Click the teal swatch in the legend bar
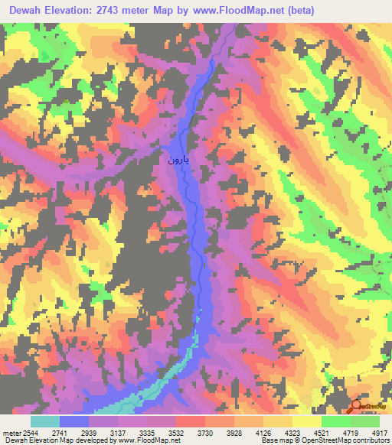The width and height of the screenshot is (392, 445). click(x=45, y=421)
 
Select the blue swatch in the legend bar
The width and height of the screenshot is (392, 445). click(x=74, y=421)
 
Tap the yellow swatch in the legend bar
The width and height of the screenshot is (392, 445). click(x=306, y=421)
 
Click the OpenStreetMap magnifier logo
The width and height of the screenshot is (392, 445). click(x=358, y=406)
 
